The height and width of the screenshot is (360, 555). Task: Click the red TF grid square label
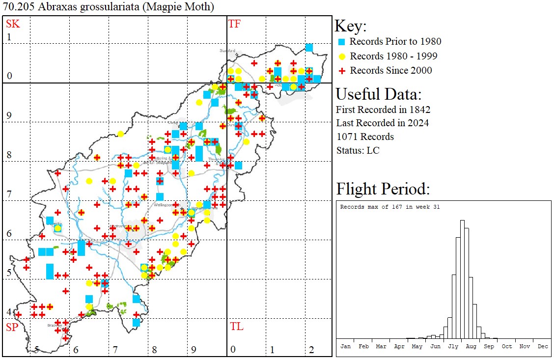pyautogui.click(x=234, y=24)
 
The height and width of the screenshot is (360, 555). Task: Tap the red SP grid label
pyautogui.click(x=11, y=327)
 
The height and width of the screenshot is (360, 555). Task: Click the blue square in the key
pyautogui.click(x=342, y=42)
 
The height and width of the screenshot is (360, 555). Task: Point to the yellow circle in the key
pyautogui.click(x=342, y=56)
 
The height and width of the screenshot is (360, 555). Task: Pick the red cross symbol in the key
pyautogui.click(x=342, y=71)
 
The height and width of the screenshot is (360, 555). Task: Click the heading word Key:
pyautogui.click(x=351, y=27)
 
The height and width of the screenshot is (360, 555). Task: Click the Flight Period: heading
pyautogui.click(x=383, y=189)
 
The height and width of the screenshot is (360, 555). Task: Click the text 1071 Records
pyautogui.click(x=365, y=137)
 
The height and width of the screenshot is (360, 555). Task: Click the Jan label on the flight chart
pyautogui.click(x=346, y=346)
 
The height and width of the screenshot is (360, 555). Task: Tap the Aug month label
pyautogui.click(x=471, y=346)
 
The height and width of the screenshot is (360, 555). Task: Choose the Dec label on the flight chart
pyautogui.click(x=542, y=346)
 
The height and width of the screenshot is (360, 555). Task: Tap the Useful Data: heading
pyautogui.click(x=378, y=94)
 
